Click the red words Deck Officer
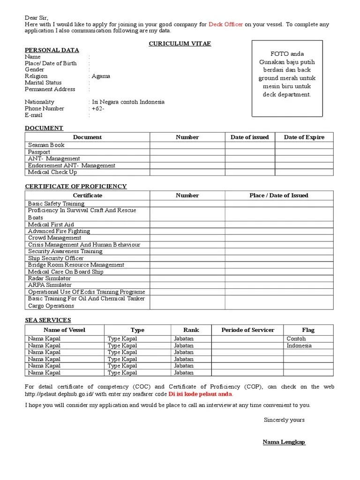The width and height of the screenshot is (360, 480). [x=225, y=24]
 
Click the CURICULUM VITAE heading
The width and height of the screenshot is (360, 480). [x=180, y=44]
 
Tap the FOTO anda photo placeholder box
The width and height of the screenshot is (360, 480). [x=287, y=78]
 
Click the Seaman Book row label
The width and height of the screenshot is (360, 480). [x=46, y=145]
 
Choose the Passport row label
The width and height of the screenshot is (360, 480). [x=39, y=152]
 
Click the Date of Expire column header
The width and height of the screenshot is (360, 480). [x=304, y=137]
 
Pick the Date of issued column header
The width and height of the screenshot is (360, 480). [x=249, y=137]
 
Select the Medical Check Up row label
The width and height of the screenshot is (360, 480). [x=52, y=172]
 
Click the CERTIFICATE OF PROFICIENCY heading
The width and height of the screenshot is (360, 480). [x=75, y=186]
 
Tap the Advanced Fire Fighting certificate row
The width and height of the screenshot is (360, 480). [x=59, y=231]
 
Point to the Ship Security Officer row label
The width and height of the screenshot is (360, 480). [x=56, y=258]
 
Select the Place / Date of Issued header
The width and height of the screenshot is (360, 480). [x=279, y=195]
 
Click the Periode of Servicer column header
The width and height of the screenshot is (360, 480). [x=247, y=330]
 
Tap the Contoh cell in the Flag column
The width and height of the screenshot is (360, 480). [x=296, y=338]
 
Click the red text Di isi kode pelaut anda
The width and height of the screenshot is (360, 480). [x=201, y=394]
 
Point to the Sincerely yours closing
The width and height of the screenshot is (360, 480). [x=284, y=420]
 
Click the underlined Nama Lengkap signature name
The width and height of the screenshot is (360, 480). [x=284, y=442]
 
